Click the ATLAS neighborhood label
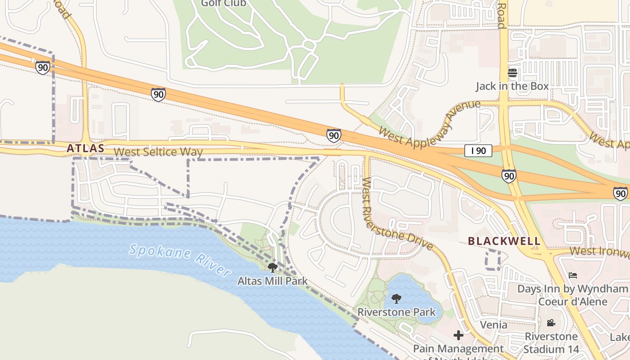pyautogui.click(x=85, y=148)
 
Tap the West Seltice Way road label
pyautogui.click(x=158, y=152)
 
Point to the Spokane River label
pyautogui.click(x=180, y=260)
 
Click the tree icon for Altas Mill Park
pyautogui.click(x=272, y=268)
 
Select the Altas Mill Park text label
pyautogui.click(x=272, y=281)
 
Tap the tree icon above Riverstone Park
pyautogui.click(x=396, y=298)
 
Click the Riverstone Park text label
pyautogui.click(x=396, y=312)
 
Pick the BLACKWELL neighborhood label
pyautogui.click(x=504, y=241)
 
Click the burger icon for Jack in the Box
pyautogui.click(x=513, y=73)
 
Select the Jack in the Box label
pyautogui.click(x=513, y=86)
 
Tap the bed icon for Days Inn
pyautogui.click(x=573, y=275)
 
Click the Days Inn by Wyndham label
pyautogui.click(x=573, y=295)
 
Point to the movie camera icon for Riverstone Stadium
pyautogui.click(x=551, y=323)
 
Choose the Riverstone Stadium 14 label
pyautogui.click(x=551, y=342)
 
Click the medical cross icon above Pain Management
pyautogui.click(x=459, y=335)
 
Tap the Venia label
pyautogui.click(x=494, y=324)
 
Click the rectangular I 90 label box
pyautogui.click(x=478, y=151)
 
